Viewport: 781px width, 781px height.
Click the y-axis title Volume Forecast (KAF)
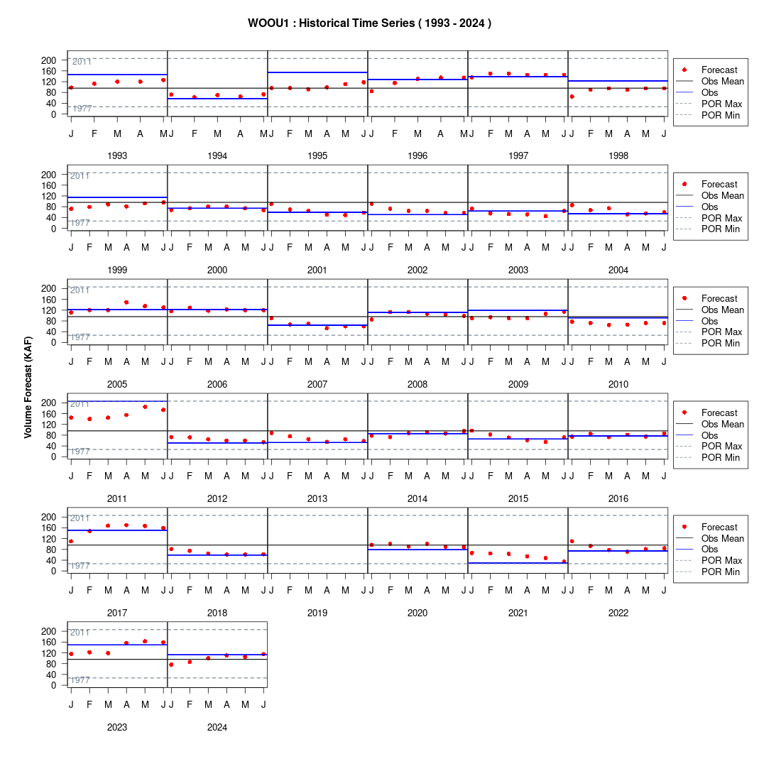[x=28, y=388]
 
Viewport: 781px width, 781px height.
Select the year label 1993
[x=117, y=156]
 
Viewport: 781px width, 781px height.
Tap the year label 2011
[x=117, y=498]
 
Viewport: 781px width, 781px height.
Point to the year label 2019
[x=317, y=613]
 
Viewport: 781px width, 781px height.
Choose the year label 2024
[x=217, y=727]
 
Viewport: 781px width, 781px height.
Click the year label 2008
[x=417, y=384]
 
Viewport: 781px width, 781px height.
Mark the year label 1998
[x=618, y=156]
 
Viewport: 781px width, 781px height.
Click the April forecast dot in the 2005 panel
[x=126, y=302]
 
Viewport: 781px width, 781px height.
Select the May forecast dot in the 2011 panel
[x=145, y=407]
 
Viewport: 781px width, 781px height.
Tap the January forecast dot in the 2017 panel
[x=71, y=541]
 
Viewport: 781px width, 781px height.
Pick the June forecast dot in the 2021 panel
[x=564, y=562]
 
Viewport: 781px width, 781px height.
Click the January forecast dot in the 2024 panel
[x=171, y=665]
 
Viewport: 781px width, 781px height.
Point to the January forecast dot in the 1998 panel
[x=572, y=97]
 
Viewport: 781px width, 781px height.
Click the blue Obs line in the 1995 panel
[x=317, y=72]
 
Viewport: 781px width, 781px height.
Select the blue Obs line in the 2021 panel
[x=518, y=563]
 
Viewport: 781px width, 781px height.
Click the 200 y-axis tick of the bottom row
[x=49, y=631]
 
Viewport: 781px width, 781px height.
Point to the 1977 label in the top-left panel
[x=82, y=109]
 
